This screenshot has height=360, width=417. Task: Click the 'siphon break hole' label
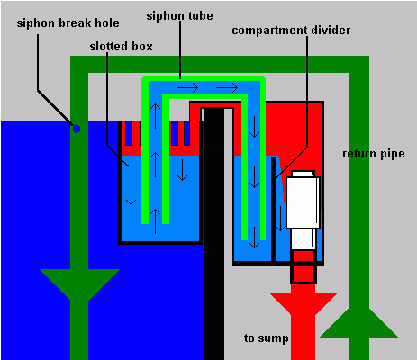[68, 23]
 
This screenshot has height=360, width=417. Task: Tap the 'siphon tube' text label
[179, 16]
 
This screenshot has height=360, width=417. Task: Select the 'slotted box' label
[121, 47]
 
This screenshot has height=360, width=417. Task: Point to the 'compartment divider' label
[291, 31]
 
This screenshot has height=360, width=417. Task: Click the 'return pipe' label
[374, 154]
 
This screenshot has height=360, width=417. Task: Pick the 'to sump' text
[267, 338]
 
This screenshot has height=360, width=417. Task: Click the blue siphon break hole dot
[77, 129]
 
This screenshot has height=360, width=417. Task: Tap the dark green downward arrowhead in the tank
[79, 284]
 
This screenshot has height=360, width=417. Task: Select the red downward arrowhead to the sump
[304, 303]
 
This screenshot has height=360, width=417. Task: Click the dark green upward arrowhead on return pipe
[358, 323]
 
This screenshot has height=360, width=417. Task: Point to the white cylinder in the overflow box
[303, 210]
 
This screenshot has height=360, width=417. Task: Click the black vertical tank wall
[214, 234]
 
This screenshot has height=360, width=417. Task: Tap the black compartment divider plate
[274, 210]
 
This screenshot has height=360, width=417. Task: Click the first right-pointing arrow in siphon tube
[187, 88]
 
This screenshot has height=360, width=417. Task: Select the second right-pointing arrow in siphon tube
[227, 88]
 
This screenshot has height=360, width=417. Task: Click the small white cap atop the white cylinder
[303, 174]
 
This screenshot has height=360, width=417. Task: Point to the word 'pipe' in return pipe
[393, 154]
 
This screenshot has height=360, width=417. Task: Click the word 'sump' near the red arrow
[273, 338]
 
